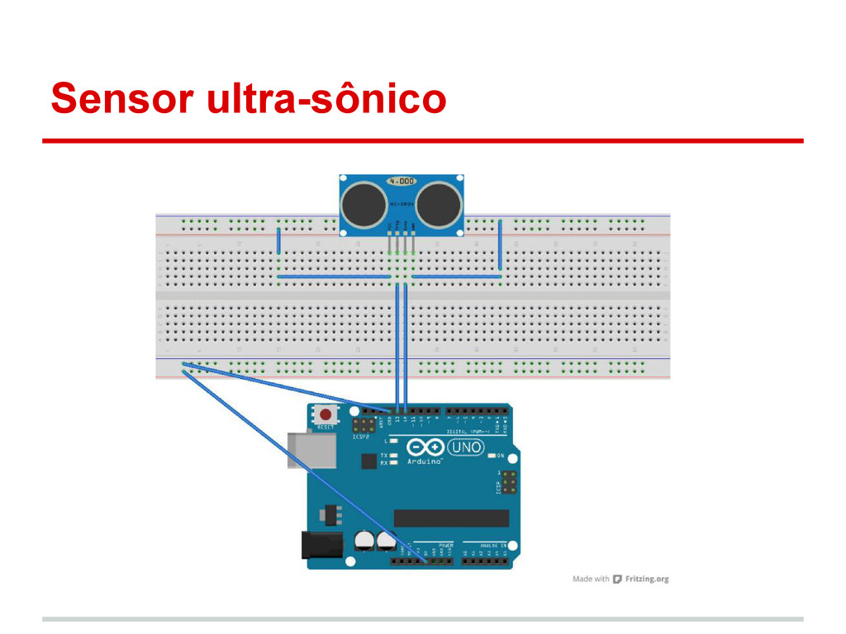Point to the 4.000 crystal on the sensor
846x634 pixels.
402,180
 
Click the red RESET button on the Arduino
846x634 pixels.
326,414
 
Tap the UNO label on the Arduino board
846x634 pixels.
466,447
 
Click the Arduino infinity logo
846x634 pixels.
425,448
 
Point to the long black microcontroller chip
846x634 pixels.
451,518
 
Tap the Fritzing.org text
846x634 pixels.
647,579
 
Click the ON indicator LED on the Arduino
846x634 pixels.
491,455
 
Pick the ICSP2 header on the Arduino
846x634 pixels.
363,426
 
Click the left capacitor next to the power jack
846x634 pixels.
363,540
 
